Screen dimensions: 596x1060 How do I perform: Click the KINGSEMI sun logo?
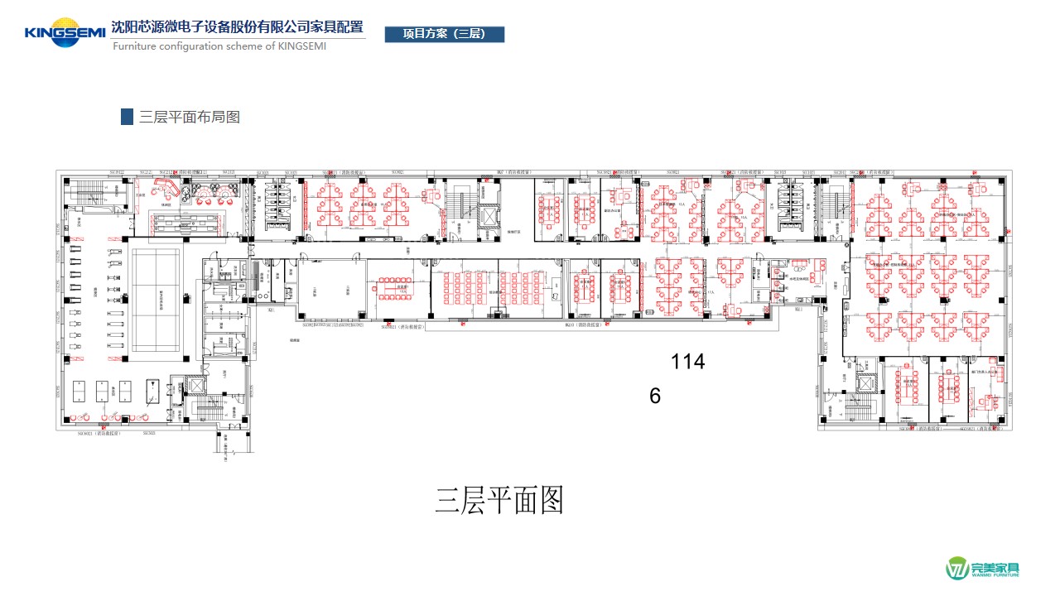[65, 31]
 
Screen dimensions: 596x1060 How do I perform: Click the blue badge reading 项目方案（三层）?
[445, 34]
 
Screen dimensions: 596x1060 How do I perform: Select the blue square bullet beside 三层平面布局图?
[127, 117]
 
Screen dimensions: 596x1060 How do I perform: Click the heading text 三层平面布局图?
[190, 117]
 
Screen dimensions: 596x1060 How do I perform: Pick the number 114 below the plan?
[687, 362]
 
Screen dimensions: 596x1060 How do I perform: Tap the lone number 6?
[655, 397]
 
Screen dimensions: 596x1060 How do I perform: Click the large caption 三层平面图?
[499, 501]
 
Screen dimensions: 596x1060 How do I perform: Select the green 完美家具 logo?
[984, 569]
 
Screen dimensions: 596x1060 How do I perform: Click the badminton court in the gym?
[161, 300]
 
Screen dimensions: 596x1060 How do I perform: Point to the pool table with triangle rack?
[155, 390]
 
